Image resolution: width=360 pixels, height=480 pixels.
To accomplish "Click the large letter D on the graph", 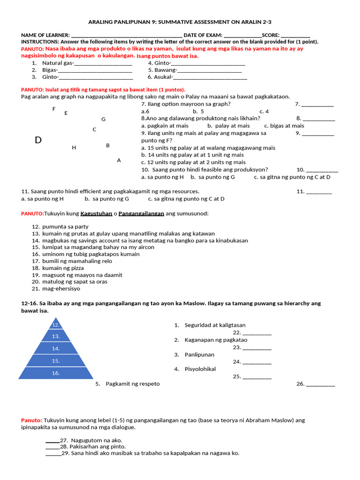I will point(38,140).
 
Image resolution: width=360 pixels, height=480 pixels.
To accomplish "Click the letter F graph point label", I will point(54,109).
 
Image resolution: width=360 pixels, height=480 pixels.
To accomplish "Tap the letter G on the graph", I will point(104,119).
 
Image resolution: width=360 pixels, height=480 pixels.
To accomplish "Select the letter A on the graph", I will point(119,160).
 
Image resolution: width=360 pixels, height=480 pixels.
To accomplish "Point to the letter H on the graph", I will point(74,148).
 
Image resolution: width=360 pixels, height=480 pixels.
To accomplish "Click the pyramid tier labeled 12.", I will point(56,324).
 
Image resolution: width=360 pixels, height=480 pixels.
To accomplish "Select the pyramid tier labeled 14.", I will point(56,349).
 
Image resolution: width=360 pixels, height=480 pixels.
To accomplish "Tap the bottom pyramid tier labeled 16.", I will point(56,373).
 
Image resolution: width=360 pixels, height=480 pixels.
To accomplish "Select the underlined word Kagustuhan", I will point(96,214).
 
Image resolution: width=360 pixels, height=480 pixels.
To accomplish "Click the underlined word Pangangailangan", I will point(141,214).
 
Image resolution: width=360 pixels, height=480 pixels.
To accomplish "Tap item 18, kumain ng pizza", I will point(63,268).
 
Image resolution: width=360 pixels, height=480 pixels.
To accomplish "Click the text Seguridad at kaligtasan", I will point(215,325).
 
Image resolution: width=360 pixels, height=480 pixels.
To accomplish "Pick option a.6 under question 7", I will point(145,112).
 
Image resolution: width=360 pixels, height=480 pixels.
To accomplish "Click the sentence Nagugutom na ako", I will point(97,441).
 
